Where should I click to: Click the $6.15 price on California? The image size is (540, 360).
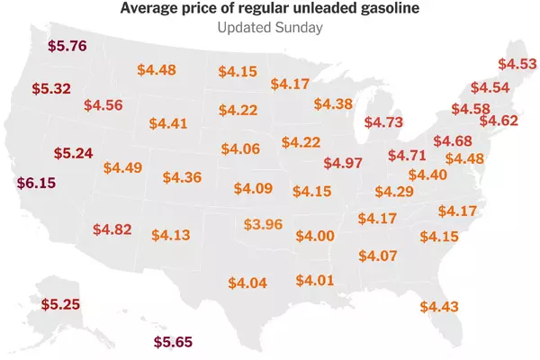pos(36,183)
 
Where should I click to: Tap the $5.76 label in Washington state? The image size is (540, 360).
pos(67,46)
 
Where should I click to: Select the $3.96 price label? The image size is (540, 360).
pos(263,225)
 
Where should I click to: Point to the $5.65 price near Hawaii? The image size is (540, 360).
pos(173,342)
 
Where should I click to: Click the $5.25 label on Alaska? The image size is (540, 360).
pos(60,304)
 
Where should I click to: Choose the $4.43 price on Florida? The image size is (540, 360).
pos(439,307)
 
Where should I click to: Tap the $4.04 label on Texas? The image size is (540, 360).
pos(247,283)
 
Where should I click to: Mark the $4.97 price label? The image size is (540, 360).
pos(343,163)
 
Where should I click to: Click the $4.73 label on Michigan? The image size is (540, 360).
pos(383,122)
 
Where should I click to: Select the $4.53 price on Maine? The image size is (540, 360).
pos(517,64)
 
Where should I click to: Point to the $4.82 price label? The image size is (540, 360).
pos(112,229)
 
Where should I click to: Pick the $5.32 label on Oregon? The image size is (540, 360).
pos(51,89)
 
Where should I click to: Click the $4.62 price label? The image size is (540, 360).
pos(499,121)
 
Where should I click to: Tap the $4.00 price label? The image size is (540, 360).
pos(315,237)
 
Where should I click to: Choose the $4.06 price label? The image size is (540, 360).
pos(240,149)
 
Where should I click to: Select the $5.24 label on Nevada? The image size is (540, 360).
pos(74,153)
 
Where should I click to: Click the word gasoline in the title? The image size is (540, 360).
pos(390,8)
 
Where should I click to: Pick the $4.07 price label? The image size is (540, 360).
pos(378,256)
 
